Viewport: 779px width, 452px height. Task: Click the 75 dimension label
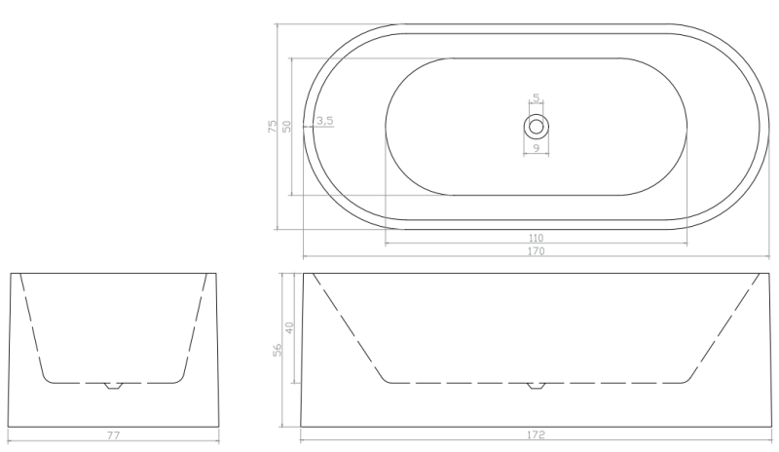point(273,126)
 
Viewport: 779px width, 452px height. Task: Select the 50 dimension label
point(286,126)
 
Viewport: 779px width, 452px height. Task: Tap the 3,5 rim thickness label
point(324,121)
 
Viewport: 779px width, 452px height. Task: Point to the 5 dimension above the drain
point(537,98)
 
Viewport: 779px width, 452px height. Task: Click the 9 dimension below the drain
point(537,148)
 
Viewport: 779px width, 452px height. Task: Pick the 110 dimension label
point(536,239)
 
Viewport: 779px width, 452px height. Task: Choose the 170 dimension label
point(536,251)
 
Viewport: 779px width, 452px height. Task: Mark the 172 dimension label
point(536,434)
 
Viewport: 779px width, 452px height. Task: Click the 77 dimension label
point(113,435)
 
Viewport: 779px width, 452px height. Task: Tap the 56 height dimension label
point(278,350)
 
